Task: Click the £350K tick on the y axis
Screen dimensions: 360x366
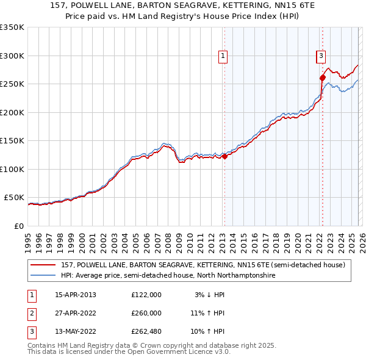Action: pos(12,27)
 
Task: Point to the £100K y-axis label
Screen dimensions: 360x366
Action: pos(12,169)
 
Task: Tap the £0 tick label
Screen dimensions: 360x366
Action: pos(20,226)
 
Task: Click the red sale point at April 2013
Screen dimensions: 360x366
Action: pos(224,157)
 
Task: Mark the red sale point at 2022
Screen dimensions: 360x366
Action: pos(322,77)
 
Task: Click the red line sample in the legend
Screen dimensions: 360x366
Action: pos(43,265)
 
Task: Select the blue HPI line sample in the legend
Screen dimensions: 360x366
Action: pos(43,276)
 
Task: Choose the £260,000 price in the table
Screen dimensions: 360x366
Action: pos(146,313)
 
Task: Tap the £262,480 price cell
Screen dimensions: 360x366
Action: pos(146,331)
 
